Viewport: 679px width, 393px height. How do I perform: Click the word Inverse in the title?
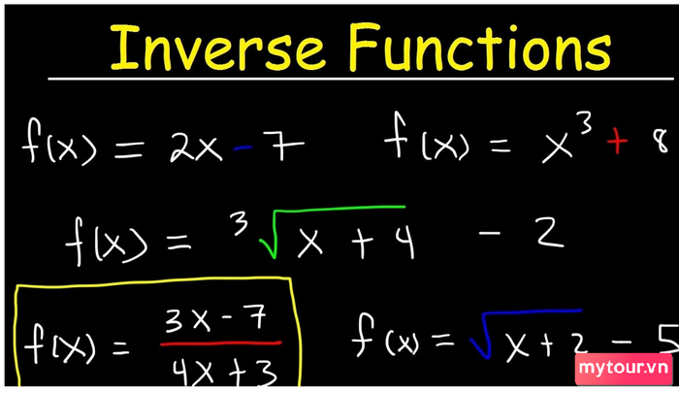tap(217, 48)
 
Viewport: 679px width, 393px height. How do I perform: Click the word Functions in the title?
tap(480, 47)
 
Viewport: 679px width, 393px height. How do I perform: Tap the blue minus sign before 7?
tap(242, 148)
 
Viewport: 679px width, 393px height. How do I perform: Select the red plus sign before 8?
tap(617, 142)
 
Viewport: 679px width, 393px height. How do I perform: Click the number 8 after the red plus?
tap(662, 142)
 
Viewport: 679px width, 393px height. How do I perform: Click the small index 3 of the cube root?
tap(240, 223)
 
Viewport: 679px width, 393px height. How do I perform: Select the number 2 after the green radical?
tap(550, 232)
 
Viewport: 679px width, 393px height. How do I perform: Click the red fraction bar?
tap(221, 344)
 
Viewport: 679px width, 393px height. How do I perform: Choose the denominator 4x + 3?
tap(224, 372)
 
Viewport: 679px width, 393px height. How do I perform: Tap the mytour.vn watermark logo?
tap(624, 369)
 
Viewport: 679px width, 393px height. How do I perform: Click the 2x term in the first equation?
tap(196, 146)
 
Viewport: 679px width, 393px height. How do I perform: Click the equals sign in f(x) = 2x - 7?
tap(129, 148)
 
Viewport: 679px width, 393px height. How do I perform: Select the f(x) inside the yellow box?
tap(60, 344)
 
